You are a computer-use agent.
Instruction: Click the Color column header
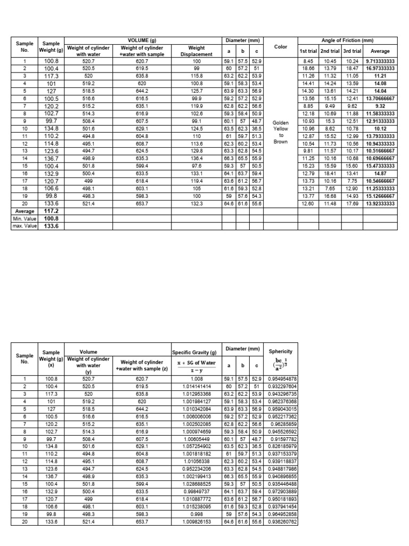click(x=281, y=47)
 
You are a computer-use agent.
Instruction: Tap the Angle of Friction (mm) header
click(x=348, y=41)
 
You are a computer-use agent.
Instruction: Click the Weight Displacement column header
click(x=197, y=51)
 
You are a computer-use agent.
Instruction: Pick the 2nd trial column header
click(x=330, y=51)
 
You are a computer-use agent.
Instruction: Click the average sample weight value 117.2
click(x=51, y=211)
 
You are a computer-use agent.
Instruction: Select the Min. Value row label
click(x=24, y=218)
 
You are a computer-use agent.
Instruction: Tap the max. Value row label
click(x=24, y=226)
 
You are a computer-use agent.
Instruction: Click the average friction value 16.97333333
click(x=380, y=68)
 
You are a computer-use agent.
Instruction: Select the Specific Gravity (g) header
click(x=195, y=352)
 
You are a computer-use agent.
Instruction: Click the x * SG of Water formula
click(x=195, y=363)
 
